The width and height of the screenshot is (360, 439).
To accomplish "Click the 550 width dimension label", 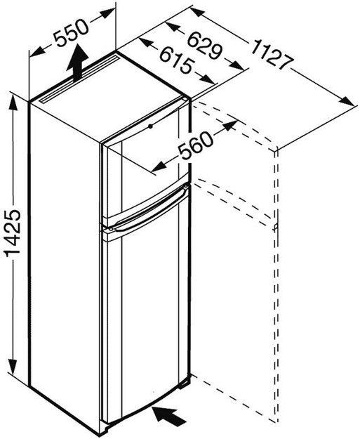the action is tap(71, 33).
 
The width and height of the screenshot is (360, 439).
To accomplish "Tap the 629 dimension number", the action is tap(204, 46).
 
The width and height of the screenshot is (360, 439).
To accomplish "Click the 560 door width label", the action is tap(196, 145).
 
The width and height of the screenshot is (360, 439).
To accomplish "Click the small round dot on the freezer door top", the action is tap(151, 126).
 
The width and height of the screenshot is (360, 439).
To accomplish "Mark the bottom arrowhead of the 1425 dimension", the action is tap(13, 366).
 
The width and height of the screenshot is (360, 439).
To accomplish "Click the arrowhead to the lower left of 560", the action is tap(159, 167).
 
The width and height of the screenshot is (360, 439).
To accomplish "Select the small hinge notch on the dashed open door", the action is tap(276, 227).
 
